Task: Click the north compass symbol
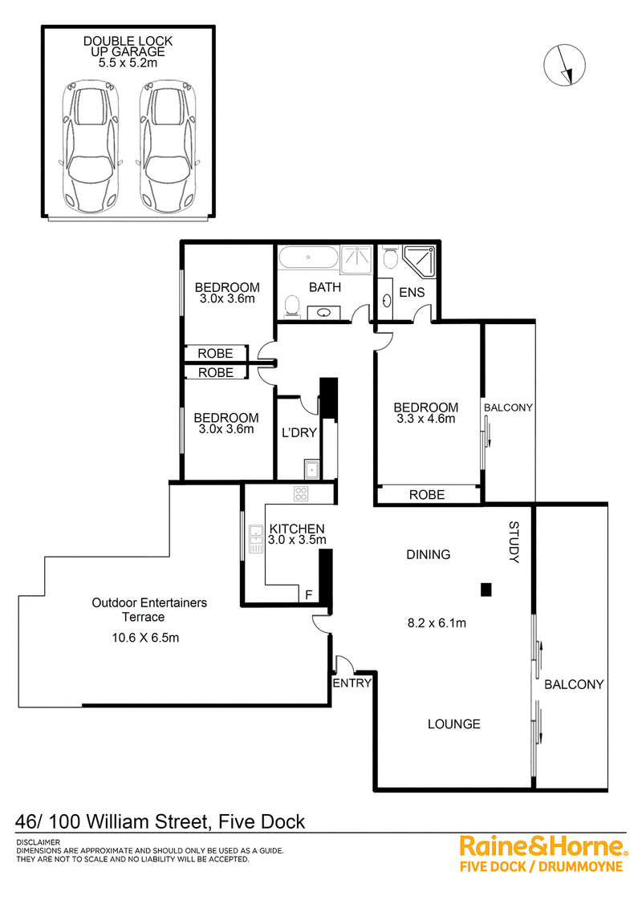tap(564, 65)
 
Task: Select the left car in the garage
tap(91, 147)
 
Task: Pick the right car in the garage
tap(168, 147)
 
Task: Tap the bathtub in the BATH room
tap(307, 257)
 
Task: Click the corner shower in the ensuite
tap(419, 261)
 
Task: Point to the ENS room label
tap(412, 293)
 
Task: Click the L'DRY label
tap(299, 432)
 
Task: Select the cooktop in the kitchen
tap(301, 493)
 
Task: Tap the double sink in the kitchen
tap(255, 538)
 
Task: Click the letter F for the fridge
tap(309, 594)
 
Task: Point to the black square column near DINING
tap(486, 590)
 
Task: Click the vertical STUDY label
tap(514, 542)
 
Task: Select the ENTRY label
tap(351, 683)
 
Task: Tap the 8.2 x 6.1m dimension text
tap(437, 623)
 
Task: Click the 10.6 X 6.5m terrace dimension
tap(145, 638)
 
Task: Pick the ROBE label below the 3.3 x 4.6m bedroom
tap(427, 495)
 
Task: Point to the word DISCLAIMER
tap(39, 842)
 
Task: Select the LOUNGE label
tap(454, 724)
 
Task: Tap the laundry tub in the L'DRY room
tap(311, 468)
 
